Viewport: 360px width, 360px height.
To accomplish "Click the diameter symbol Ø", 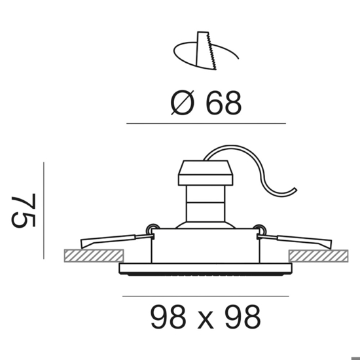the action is (183, 103).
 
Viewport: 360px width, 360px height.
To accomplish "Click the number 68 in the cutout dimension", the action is (224, 103).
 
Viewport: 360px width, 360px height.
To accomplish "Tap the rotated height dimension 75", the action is (24, 211).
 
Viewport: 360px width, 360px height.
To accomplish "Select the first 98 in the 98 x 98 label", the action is (168, 317).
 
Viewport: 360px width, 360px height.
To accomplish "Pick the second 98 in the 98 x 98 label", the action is (243, 317).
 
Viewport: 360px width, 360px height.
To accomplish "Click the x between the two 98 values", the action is (206, 320).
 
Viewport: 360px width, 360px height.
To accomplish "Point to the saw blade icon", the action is (206, 51).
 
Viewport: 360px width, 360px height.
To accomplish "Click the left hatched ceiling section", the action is (94, 256).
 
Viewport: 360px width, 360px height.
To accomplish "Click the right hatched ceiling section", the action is (319, 256).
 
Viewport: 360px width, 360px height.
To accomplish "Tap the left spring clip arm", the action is (115, 240).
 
